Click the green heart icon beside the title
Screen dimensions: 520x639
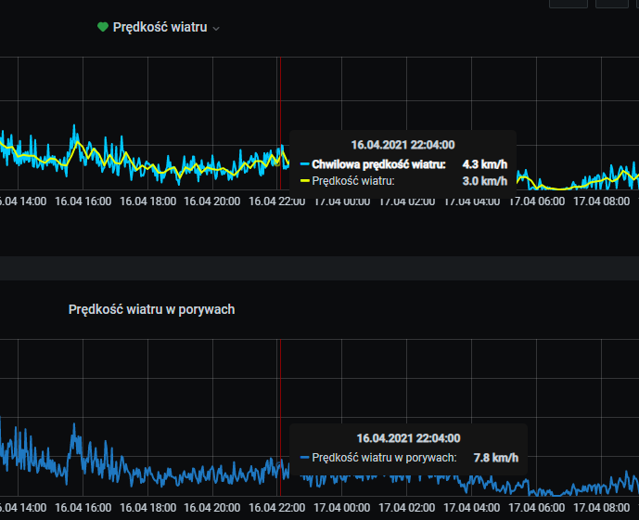pyautogui.click(x=103, y=27)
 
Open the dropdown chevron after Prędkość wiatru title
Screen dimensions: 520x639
pyautogui.click(x=216, y=29)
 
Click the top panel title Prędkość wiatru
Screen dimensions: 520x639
pyautogui.click(x=160, y=28)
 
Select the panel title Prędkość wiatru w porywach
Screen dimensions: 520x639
pyautogui.click(x=151, y=309)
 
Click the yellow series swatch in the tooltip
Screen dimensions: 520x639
pyautogui.click(x=304, y=180)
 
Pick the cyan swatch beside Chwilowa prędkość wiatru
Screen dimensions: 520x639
pyautogui.click(x=304, y=164)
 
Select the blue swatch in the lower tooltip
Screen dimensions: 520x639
pyautogui.click(x=304, y=457)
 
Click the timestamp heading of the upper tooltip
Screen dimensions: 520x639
pyautogui.click(x=403, y=145)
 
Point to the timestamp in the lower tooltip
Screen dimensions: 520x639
pyautogui.click(x=408, y=438)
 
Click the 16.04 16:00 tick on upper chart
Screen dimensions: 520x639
pyautogui.click(x=83, y=201)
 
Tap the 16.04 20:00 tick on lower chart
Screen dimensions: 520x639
pyautogui.click(x=212, y=508)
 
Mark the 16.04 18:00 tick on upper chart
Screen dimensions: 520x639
pyautogui.click(x=147, y=201)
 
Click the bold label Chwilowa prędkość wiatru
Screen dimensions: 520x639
pyautogui.click(x=378, y=164)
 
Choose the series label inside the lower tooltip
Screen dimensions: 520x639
pyautogui.click(x=384, y=457)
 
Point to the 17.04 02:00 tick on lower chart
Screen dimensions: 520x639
pyautogui.click(x=407, y=508)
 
